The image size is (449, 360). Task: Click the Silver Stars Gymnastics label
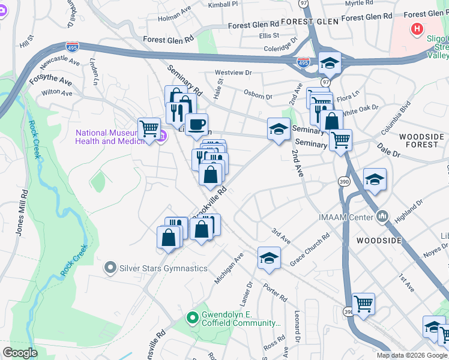(x=164, y=268)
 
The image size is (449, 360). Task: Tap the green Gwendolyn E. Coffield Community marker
(x=192, y=317)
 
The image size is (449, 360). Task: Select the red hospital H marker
(x=417, y=28)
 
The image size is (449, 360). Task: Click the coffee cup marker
(x=196, y=125)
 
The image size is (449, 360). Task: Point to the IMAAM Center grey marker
(x=382, y=216)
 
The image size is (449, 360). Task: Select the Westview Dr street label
(x=233, y=73)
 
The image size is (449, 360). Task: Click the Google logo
(x=20, y=353)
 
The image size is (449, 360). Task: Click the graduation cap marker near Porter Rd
(x=269, y=258)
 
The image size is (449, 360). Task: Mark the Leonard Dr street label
(x=297, y=327)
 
